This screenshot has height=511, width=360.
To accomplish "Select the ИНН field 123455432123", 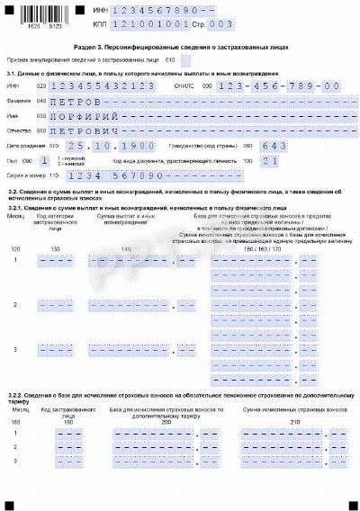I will pos(104,85).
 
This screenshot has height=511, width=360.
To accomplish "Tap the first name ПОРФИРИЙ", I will pos(85,115).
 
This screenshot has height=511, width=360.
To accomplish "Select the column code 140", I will pos(125,247).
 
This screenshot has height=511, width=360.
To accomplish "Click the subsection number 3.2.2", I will pos(19,393).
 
